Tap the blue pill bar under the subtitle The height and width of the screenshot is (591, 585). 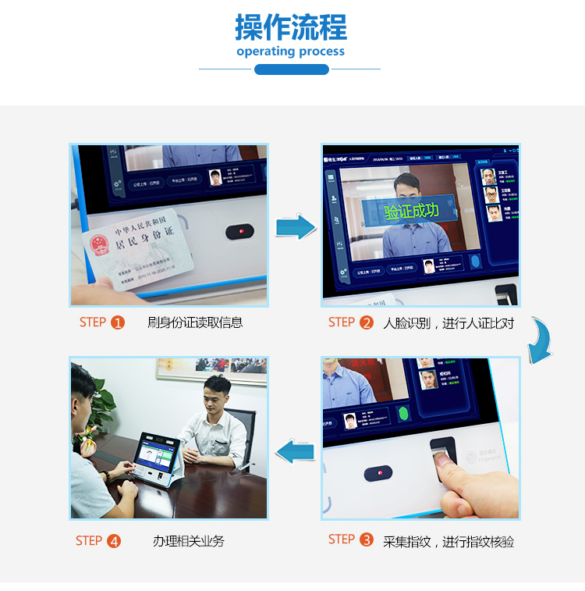[292, 69]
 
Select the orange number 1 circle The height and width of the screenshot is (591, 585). [118, 322]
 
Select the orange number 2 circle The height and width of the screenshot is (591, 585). [367, 322]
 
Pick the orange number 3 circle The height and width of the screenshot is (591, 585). [367, 539]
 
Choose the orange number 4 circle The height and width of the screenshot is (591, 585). [114, 541]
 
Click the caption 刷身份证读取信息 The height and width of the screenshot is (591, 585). [195, 322]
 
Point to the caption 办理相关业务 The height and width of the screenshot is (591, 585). [189, 541]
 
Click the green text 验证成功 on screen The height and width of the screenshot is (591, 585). [412, 211]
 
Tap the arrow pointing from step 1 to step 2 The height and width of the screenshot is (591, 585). [296, 226]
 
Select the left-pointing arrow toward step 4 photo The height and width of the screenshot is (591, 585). [296, 450]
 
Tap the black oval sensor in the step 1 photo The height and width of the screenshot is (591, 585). [240, 232]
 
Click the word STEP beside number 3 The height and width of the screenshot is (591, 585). [342, 539]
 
